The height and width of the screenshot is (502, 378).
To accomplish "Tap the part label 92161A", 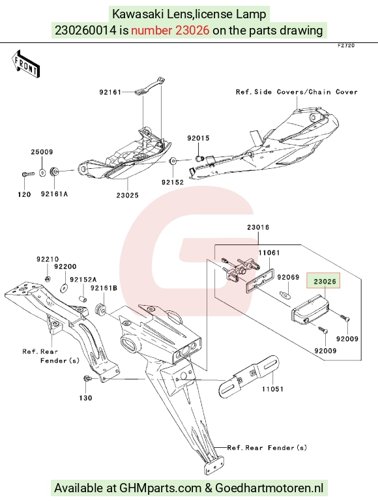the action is (x=54, y=194).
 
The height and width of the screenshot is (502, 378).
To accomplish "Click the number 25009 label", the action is (x=42, y=152).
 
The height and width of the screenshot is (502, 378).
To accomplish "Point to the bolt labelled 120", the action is (x=28, y=174).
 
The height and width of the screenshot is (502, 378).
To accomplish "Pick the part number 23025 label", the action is (x=127, y=195).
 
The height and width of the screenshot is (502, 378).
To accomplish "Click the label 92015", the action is (x=198, y=138).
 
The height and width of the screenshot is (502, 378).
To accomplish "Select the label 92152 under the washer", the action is (x=173, y=182).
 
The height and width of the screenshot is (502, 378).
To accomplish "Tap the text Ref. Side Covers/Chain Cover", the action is (x=297, y=92).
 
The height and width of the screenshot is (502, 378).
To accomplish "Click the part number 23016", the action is (x=258, y=228).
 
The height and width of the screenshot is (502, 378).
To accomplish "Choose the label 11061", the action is (x=269, y=252).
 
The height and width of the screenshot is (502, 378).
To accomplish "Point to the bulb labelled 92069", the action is (x=285, y=295).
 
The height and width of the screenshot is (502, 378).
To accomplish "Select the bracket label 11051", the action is (x=272, y=389).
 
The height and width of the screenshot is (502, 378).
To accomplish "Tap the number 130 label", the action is (x=85, y=398).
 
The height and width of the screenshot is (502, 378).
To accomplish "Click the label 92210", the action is (x=48, y=259).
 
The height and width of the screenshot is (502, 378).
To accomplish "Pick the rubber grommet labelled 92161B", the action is (x=101, y=309).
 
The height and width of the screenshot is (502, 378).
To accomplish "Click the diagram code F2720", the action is (x=346, y=46).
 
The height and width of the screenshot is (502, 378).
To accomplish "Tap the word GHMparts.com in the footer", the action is (x=160, y=488).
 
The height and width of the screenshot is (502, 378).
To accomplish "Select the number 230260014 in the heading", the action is (x=85, y=31).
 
